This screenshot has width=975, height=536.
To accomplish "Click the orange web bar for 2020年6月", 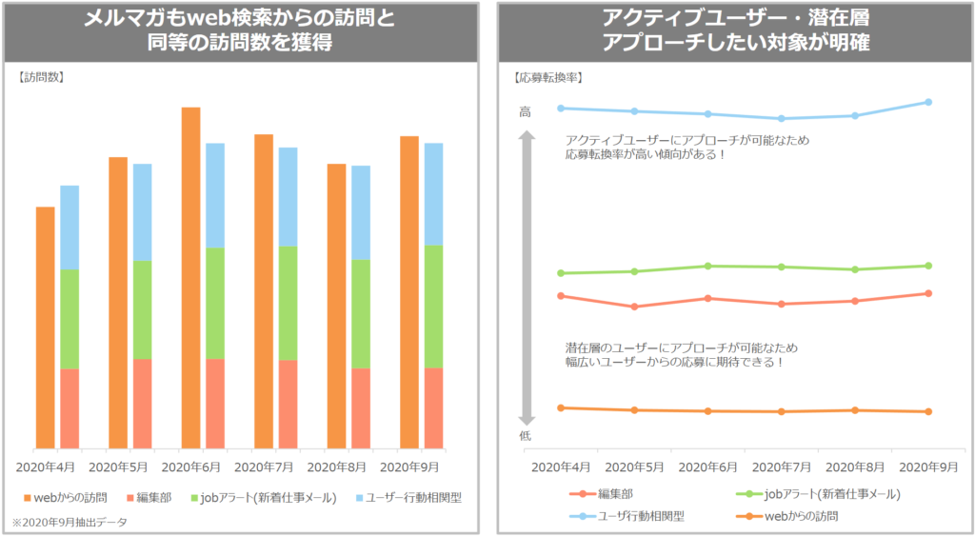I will click(190, 277).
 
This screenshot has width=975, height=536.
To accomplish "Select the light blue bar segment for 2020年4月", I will click(70, 228).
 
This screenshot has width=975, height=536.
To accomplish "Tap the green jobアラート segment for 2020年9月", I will click(433, 306).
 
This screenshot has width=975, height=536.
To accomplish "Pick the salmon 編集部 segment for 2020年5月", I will click(142, 404).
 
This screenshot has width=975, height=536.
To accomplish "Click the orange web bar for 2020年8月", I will click(336, 306).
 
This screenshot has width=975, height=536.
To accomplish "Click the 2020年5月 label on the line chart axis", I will click(635, 467).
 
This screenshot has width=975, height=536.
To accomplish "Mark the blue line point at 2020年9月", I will click(928, 102).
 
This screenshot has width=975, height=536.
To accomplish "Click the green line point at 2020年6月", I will click(707, 266).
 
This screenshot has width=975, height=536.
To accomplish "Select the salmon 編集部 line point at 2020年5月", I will click(634, 307).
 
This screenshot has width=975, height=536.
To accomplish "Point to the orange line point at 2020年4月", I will click(561, 407).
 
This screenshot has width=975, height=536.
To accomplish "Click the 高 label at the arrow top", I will click(525, 112).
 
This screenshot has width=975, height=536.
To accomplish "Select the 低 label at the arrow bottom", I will click(525, 435).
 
